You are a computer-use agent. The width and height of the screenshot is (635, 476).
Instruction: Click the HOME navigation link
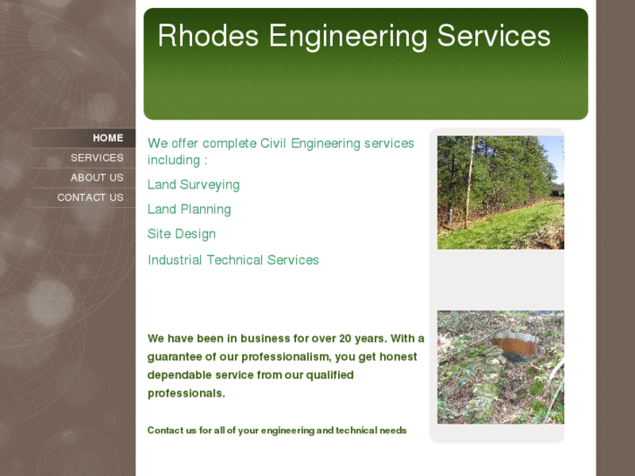pyautogui.click(x=107, y=138)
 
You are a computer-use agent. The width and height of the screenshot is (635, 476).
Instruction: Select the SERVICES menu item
pyautogui.click(x=97, y=158)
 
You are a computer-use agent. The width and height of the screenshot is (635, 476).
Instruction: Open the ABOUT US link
pyautogui.click(x=97, y=177)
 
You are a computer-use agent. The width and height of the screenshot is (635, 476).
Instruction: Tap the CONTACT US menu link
pyautogui.click(x=90, y=197)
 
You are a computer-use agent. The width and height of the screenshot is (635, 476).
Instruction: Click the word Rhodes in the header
pyautogui.click(x=208, y=37)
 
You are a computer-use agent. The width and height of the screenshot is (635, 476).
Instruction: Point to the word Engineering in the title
pyautogui.click(x=348, y=38)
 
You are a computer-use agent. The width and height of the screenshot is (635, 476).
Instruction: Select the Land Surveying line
pyautogui.click(x=193, y=185)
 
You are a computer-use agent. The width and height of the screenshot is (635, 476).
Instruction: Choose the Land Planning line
pyautogui.click(x=189, y=210)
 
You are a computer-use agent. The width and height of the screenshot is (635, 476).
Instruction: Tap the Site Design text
pyautogui.click(x=181, y=234)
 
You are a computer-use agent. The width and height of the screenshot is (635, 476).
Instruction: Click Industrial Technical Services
pyautogui.click(x=233, y=260)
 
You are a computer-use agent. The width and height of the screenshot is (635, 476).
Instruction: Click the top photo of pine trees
pyautogui.click(x=500, y=192)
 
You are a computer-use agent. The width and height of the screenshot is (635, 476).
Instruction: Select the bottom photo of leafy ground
pyautogui.click(x=500, y=367)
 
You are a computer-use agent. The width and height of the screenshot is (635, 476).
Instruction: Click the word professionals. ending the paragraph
pyautogui.click(x=186, y=394)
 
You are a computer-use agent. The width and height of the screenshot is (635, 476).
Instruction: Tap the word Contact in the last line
pyautogui.click(x=165, y=431)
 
